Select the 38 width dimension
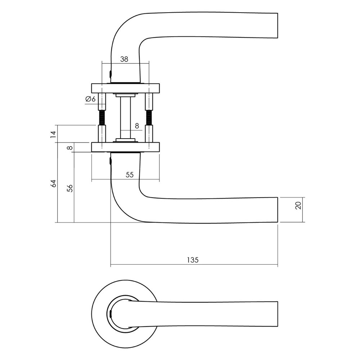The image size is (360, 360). click(x=124, y=59)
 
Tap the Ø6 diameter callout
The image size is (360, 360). click(x=90, y=99)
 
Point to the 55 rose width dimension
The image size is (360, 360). click(x=130, y=175)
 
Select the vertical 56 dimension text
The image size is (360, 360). click(x=70, y=188)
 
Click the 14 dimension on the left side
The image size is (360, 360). click(x=54, y=135)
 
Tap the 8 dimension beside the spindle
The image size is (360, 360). click(x=137, y=126)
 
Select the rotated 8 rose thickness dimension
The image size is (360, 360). click(x=70, y=147)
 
